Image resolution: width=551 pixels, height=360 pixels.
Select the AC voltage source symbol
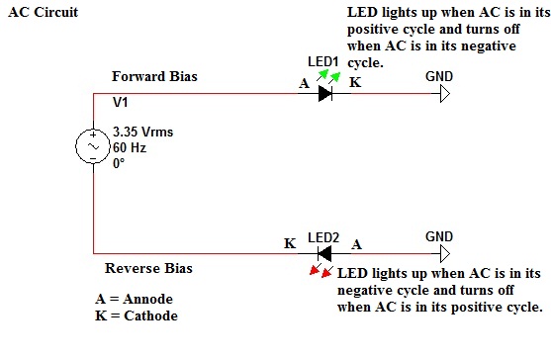[x=92, y=147]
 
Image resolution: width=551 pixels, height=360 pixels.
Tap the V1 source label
[x=120, y=102]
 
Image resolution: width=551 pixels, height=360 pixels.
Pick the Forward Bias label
[x=151, y=76]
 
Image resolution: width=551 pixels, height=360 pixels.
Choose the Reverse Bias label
[x=148, y=268]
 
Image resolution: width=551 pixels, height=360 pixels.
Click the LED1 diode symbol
[x=324, y=94]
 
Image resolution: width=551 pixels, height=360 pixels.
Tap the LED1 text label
[x=322, y=61]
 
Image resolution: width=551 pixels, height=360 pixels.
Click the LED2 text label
[x=322, y=237]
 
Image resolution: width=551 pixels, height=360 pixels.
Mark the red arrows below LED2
[x=321, y=270]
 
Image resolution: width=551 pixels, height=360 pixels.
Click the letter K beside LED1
[x=356, y=83]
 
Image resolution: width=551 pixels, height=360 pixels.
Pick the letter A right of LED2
[x=357, y=242]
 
